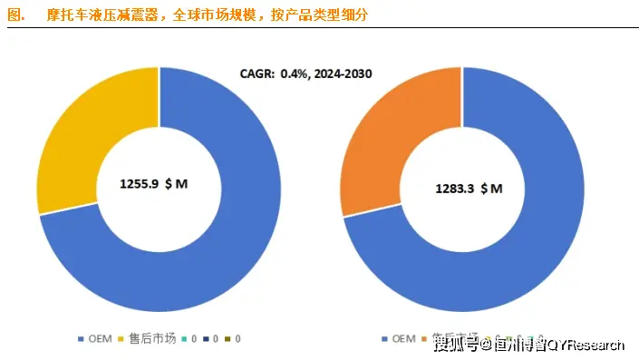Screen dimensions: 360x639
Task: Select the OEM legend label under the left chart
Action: point(100,339)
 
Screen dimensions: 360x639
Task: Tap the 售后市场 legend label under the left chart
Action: point(150,339)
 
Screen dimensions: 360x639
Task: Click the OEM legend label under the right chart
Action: point(403,339)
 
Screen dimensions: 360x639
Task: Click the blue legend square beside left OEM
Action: point(81,339)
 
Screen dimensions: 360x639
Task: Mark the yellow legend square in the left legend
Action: point(124,339)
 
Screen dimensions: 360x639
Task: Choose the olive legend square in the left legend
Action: point(228,339)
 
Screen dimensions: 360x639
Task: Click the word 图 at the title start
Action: point(12,15)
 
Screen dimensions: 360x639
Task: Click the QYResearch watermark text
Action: point(587,345)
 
